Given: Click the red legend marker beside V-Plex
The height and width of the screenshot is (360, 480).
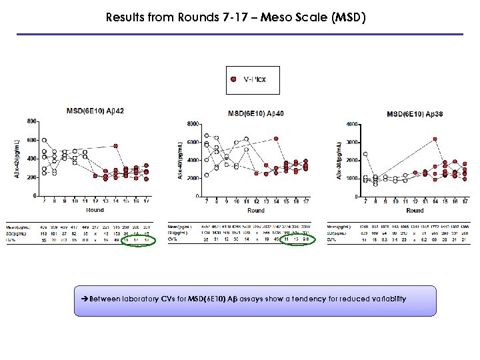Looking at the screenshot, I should pos(233,79).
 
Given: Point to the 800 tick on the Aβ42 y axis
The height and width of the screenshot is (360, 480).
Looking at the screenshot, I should pos(31,121).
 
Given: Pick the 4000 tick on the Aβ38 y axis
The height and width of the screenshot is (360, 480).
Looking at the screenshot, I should pos(353,124).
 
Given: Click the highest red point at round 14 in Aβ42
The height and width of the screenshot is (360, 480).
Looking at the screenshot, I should pos(115,146).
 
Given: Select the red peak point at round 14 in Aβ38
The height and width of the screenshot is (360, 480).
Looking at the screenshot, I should pos(435,139).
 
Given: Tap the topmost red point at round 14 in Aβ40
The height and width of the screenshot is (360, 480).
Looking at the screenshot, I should pos(275,139).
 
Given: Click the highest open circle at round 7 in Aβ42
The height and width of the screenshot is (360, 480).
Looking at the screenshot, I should pos(44,141).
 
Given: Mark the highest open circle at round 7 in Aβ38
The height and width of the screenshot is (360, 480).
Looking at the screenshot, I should pos(365,155).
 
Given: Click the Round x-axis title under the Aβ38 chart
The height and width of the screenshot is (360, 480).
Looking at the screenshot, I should pos(415,210).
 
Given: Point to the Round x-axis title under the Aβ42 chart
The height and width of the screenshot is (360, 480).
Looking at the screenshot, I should pos(95,210).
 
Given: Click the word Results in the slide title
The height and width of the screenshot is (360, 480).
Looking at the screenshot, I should pos(126,18).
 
